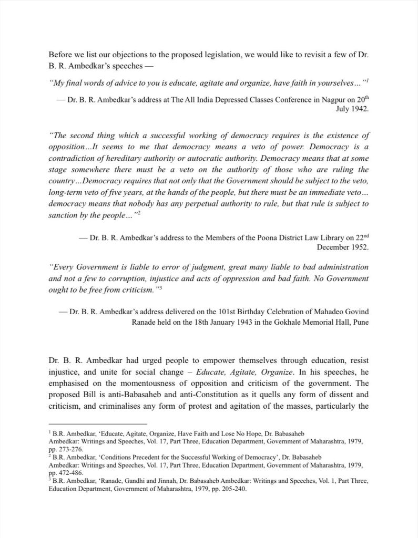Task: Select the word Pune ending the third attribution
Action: (360, 322)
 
